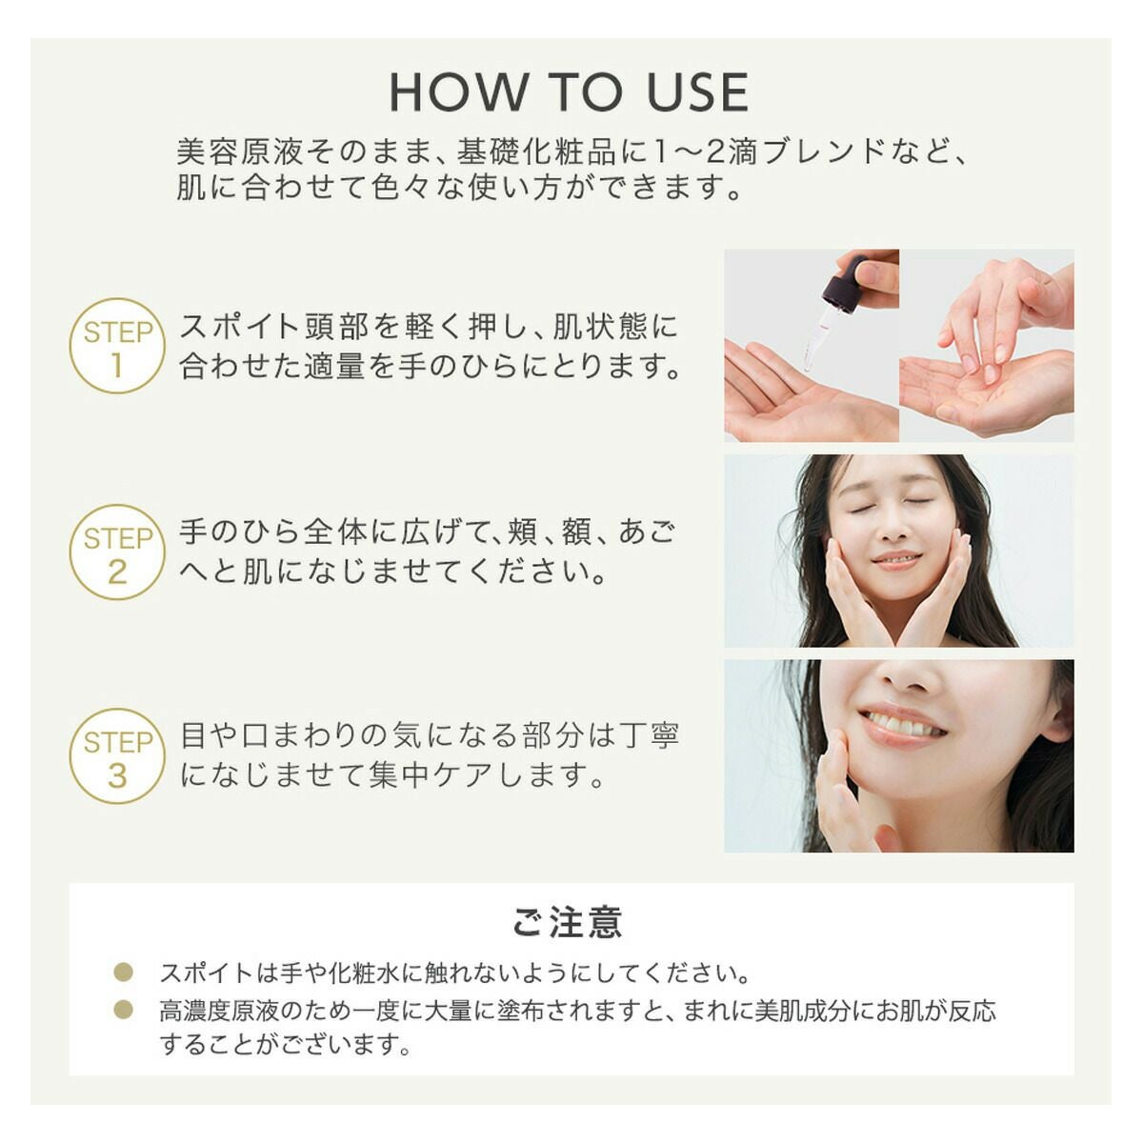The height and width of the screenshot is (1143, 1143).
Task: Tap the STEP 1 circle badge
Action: (x=117, y=345)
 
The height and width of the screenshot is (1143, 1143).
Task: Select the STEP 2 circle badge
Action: (x=117, y=551)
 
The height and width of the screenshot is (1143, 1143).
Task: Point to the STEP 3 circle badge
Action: (x=117, y=756)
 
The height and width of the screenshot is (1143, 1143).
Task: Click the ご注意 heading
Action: (x=568, y=921)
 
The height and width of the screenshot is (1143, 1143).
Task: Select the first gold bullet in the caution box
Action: (x=124, y=972)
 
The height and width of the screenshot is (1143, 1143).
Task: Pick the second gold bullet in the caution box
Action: (x=124, y=1009)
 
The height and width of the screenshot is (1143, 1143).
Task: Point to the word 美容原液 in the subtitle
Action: (x=240, y=152)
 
